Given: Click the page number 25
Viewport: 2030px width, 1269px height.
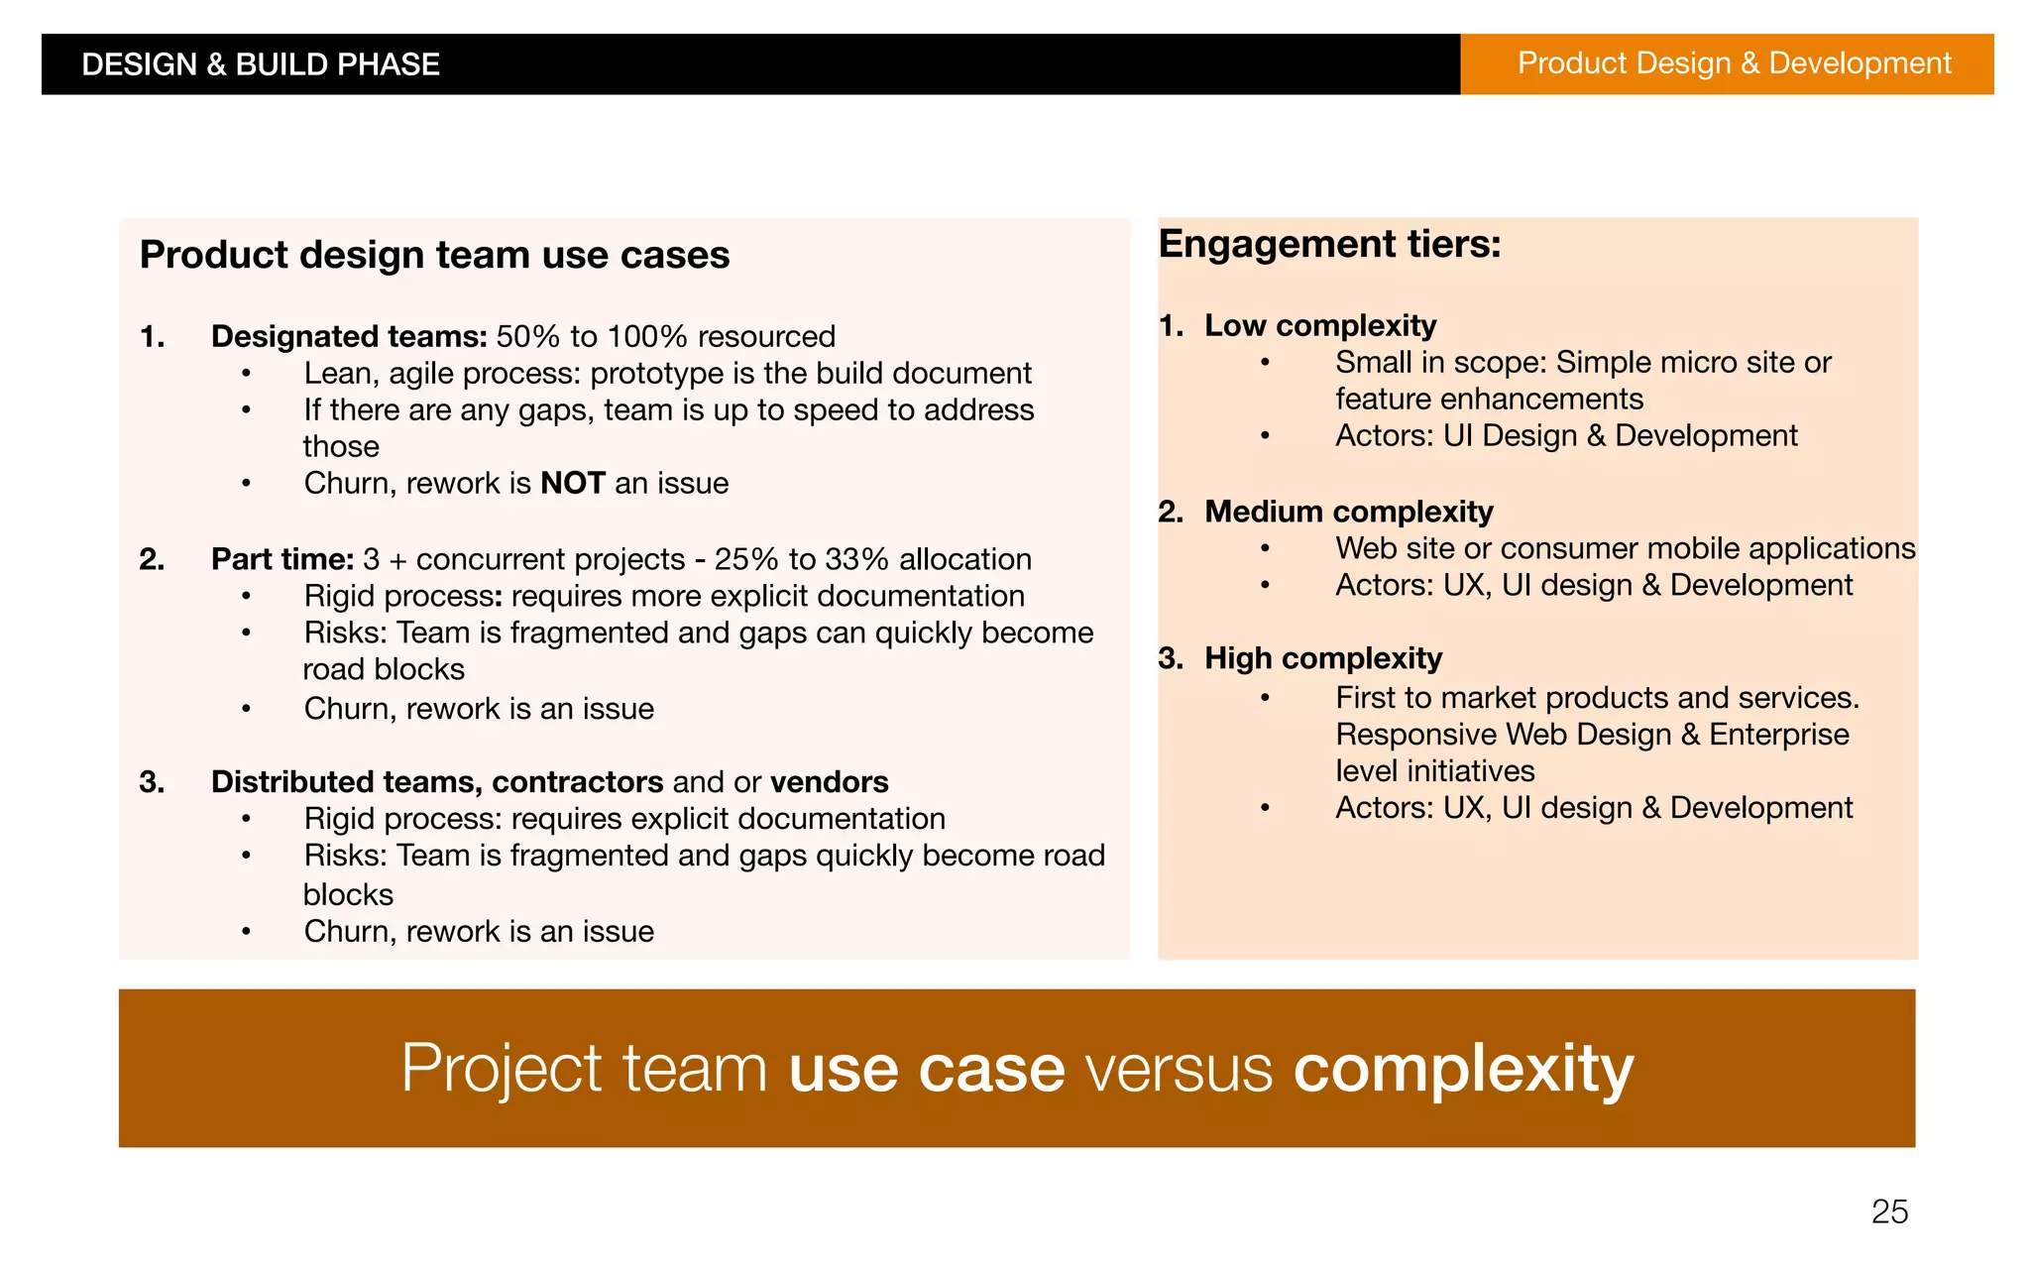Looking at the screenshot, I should coord(1889,1211).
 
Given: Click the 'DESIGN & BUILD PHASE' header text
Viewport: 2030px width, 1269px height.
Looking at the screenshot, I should coord(260,64).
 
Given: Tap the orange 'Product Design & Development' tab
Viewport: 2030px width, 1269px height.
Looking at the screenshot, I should coord(1734,63).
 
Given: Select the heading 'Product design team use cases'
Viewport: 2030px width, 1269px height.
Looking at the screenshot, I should coord(434,255).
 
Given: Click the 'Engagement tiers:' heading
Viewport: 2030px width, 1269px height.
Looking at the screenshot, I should coord(1329,244).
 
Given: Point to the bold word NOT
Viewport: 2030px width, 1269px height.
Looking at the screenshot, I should coord(572,484).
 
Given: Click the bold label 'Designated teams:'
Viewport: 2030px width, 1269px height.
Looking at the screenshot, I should coord(349,337).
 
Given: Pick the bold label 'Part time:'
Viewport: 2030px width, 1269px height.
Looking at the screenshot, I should coord(282,559).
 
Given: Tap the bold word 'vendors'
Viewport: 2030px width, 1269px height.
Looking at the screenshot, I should coord(829,782).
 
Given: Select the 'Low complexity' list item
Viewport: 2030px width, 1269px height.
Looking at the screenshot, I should coord(1319,325).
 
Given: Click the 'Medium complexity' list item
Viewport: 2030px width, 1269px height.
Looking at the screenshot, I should coord(1348,512).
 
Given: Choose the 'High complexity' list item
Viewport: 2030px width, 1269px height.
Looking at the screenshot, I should coord(1322,658).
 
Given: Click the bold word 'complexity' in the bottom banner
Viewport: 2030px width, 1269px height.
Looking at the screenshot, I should coord(1463,1069).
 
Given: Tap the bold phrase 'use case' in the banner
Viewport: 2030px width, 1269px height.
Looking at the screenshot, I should coord(926,1069).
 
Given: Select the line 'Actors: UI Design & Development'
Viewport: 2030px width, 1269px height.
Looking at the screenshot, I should coord(1565,436).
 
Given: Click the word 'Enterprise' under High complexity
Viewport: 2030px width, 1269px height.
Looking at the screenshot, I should coord(1778,735).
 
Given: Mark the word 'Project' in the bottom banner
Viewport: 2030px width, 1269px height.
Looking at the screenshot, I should coord(501,1069).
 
